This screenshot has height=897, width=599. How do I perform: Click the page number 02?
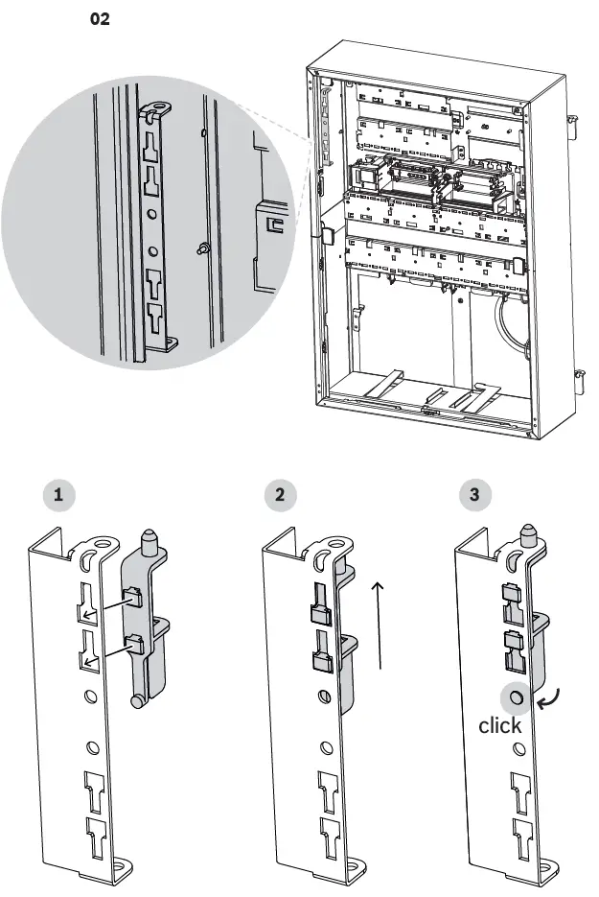point(100,19)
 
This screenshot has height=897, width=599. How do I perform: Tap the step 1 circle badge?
point(60,496)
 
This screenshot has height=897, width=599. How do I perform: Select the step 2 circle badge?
point(279,496)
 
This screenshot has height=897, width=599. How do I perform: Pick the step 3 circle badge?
point(475,496)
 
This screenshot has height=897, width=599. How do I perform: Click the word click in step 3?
point(500,725)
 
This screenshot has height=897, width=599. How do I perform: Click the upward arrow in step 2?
point(380,624)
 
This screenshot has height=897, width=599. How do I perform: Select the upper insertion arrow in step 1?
point(104,609)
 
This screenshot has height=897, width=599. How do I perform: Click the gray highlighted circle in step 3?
point(516,697)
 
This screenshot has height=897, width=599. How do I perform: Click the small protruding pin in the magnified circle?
point(203,248)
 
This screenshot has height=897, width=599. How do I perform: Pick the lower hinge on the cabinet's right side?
point(578,377)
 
